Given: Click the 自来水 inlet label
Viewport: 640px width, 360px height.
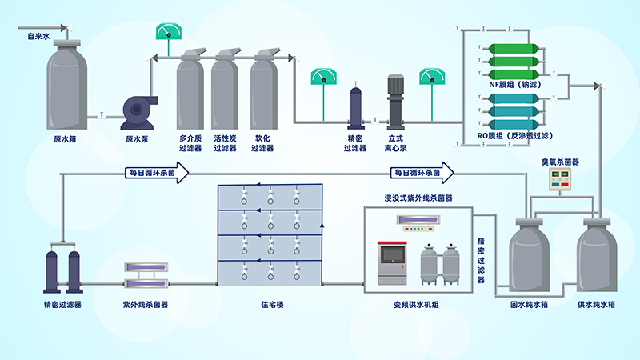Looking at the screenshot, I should pyautogui.click(x=38, y=36).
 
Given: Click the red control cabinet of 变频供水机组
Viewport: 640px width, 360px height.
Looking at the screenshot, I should pyautogui.click(x=390, y=263).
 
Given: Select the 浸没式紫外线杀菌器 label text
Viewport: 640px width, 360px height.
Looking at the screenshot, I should pyautogui.click(x=418, y=197).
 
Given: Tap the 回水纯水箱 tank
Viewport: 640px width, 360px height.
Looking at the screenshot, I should pyautogui.click(x=526, y=256).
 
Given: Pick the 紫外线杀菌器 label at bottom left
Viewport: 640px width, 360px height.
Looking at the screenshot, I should pyautogui.click(x=145, y=304).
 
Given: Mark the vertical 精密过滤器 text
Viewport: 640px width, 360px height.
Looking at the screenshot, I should pyautogui.click(x=481, y=258).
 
